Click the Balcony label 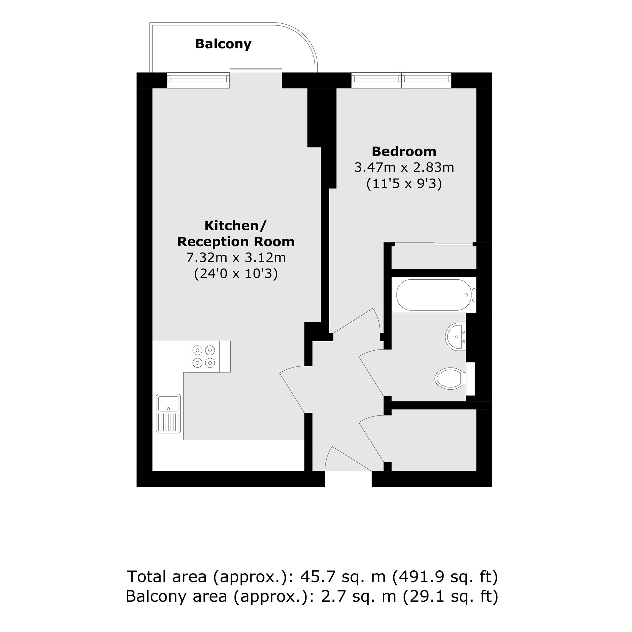[223, 44]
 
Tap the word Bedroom [404, 151]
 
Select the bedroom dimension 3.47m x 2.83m [404, 167]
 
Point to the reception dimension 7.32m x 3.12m [236, 258]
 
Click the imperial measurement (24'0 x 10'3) [236, 273]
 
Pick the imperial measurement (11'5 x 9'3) [404, 184]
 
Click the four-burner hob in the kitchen [204, 356]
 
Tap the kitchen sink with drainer [168, 413]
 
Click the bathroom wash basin [456, 337]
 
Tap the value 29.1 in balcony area [422, 596]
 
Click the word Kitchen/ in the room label [236, 226]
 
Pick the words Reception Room [236, 242]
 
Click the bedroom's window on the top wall [401, 80]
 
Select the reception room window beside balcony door [198, 80]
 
